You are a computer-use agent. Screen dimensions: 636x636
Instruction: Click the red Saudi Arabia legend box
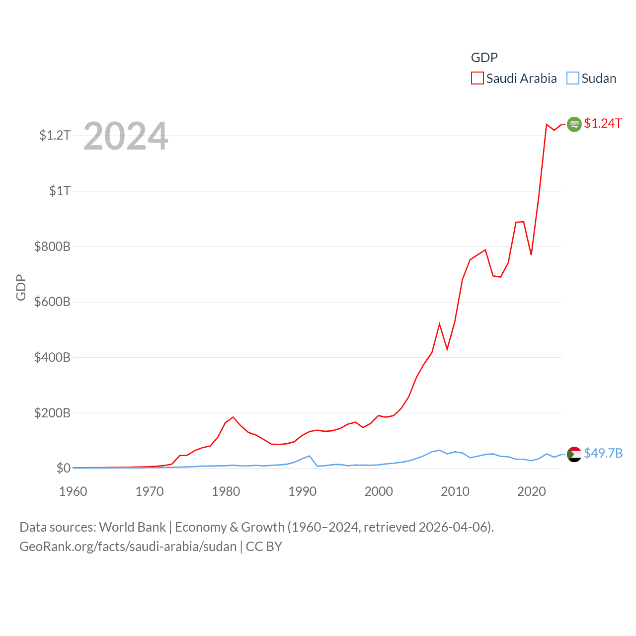[477, 79]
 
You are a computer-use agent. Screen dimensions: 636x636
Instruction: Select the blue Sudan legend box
[573, 79]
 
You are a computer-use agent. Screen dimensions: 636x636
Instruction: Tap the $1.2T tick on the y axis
[55, 135]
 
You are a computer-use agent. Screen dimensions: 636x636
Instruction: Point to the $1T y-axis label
[60, 191]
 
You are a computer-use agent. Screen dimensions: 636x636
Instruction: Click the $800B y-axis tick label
[52, 246]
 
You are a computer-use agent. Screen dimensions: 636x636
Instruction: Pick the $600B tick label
[52, 302]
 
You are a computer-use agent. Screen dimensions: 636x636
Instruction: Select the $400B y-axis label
[52, 357]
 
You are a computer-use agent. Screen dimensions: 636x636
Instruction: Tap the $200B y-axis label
[52, 413]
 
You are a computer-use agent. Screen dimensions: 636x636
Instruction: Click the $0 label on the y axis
[63, 468]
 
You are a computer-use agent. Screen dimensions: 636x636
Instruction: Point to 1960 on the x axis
[73, 491]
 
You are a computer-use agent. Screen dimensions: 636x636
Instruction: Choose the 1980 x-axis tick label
[226, 491]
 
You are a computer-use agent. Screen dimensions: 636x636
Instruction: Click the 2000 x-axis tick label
[379, 491]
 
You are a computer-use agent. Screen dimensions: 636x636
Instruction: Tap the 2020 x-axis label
[531, 491]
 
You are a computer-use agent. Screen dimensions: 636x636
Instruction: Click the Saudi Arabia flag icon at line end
[574, 124]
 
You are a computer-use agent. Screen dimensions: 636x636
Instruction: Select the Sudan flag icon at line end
[574, 454]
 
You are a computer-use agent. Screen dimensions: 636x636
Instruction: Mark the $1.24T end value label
[603, 123]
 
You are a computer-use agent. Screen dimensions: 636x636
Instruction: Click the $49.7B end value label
[603, 453]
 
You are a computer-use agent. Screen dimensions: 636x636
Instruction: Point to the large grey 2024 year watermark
[126, 136]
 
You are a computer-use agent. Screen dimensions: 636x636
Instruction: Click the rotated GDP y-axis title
[21, 287]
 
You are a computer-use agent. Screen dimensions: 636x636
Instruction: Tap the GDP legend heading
[484, 58]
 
